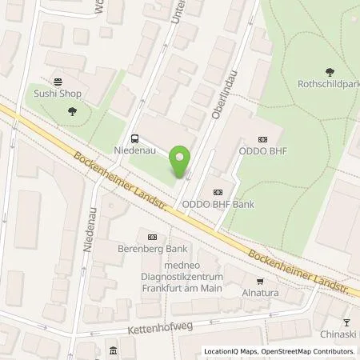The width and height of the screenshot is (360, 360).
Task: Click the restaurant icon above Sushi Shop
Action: click(58, 82)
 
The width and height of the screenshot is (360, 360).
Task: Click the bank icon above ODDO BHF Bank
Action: click(218, 192)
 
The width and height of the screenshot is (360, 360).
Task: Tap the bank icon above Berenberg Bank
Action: click(152, 236)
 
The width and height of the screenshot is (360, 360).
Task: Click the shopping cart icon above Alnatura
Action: click(260, 281)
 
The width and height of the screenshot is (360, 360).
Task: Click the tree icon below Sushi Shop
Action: click(73, 111)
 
